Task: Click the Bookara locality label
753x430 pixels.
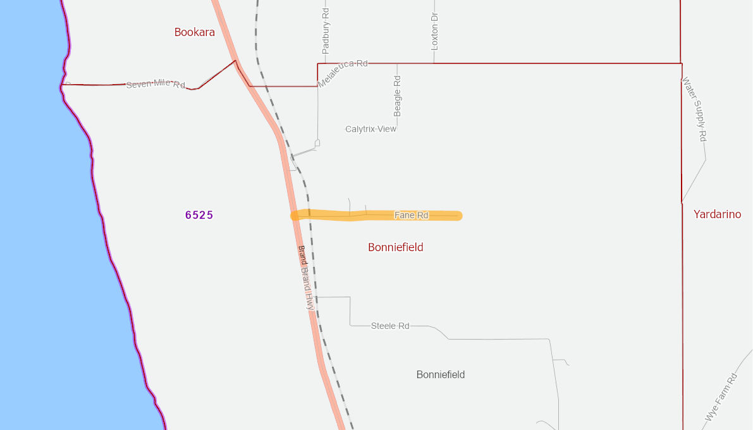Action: (195, 32)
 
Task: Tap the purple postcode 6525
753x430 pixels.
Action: (199, 215)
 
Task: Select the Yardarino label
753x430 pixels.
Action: (717, 214)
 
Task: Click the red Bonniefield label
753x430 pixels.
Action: (396, 247)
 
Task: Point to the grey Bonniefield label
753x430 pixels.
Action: (441, 375)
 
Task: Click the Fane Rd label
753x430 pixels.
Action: (412, 216)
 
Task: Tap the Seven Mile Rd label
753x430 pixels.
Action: (156, 85)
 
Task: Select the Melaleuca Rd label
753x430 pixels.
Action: (343, 73)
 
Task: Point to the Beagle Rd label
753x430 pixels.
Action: (398, 95)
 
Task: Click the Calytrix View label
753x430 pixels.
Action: (370, 129)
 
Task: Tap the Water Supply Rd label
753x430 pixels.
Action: (694, 109)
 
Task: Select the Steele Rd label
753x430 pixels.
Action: (390, 326)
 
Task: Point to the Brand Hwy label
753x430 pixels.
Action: (306, 277)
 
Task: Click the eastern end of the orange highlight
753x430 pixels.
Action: (458, 216)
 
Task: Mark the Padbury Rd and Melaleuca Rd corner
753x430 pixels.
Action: (318, 64)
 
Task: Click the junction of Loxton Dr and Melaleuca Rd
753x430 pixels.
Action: (434, 63)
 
